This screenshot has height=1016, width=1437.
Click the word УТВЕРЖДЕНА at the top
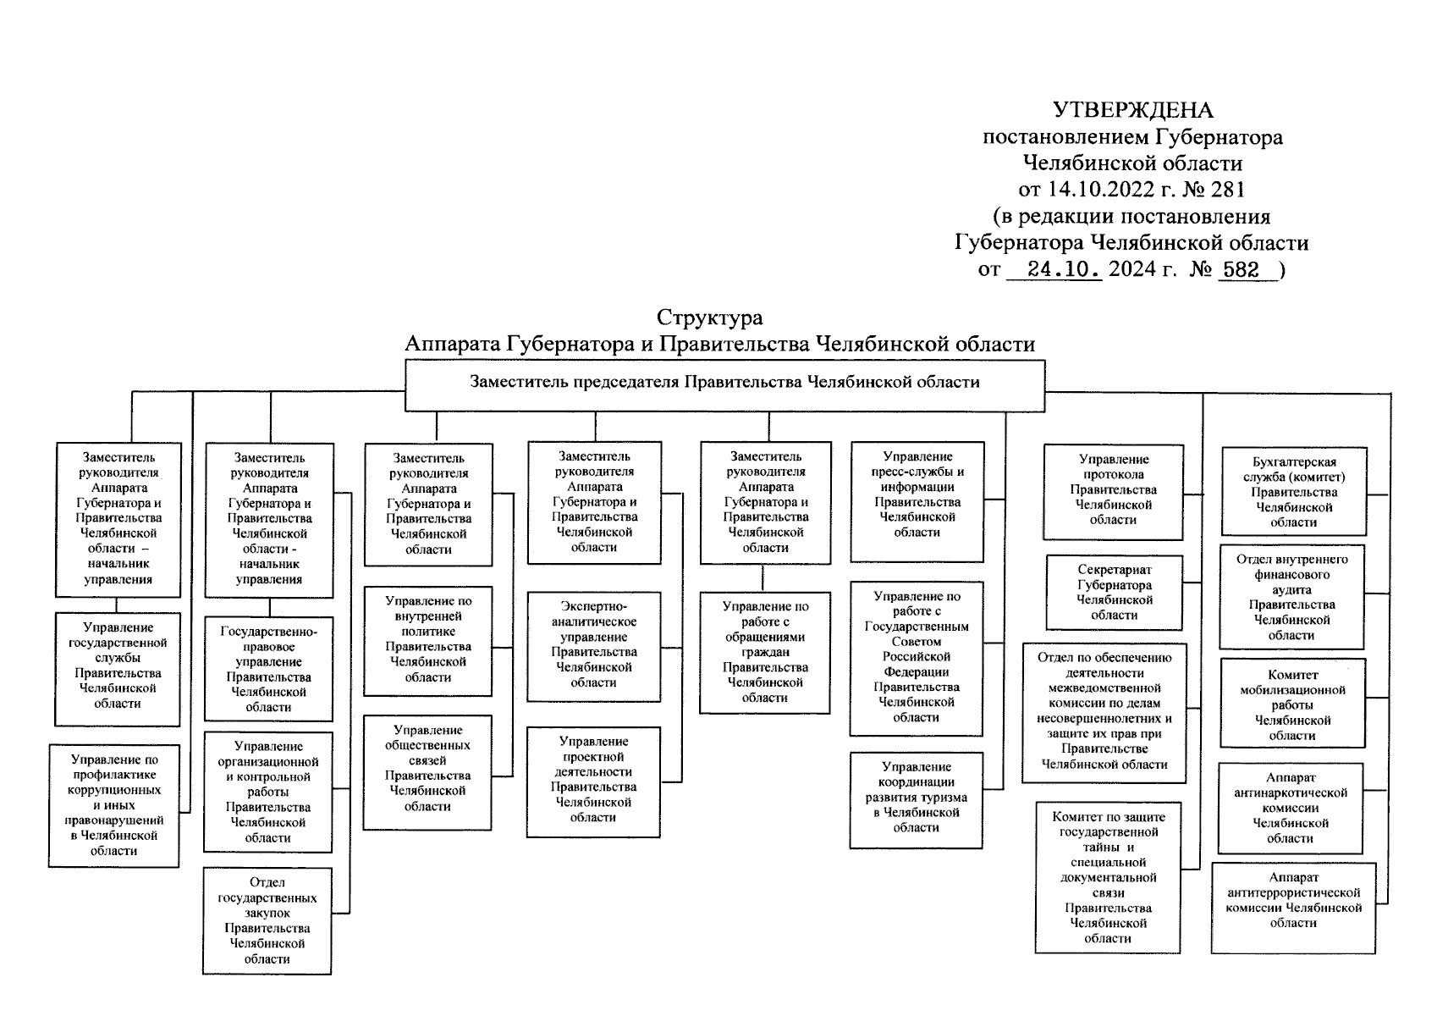point(1132,111)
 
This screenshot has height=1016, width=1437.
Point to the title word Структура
point(709,317)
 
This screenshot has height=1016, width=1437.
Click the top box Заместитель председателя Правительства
point(724,383)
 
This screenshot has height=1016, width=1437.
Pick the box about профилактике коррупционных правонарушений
point(113,805)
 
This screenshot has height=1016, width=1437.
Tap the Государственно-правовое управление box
point(268,669)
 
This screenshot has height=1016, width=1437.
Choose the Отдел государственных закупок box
point(267,920)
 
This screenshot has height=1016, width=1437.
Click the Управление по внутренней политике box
point(428,639)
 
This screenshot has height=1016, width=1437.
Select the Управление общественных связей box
point(427,768)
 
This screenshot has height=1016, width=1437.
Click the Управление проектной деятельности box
point(593,779)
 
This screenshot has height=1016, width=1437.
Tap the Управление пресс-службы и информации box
point(917,494)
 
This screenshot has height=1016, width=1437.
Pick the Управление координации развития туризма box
point(916,798)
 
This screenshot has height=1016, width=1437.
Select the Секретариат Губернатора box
point(1114,593)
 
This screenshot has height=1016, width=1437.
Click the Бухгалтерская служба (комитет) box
point(1294,492)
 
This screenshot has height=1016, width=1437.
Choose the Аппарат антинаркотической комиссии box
point(1290,808)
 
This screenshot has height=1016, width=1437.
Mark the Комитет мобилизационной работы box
point(1291,704)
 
